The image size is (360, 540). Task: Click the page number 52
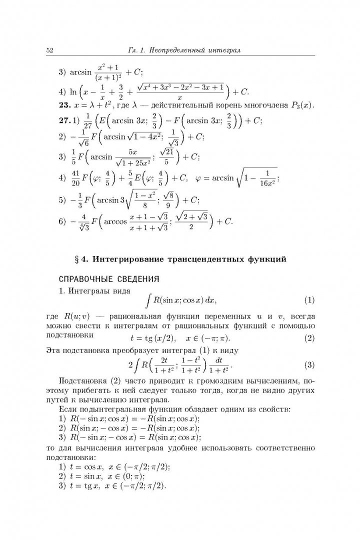coord(49,50)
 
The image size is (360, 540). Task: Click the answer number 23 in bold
coord(65,105)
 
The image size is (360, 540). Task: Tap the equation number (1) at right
coord(309,300)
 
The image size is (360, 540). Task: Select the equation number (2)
coord(309,337)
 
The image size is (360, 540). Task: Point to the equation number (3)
coord(309,364)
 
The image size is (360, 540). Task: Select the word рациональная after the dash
coord(132,316)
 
